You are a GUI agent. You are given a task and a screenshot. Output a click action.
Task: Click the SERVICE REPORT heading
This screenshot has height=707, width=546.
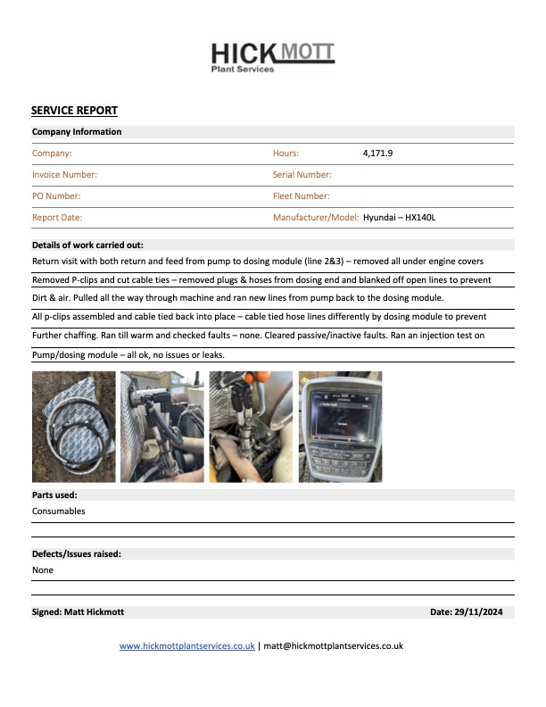pyautogui.click(x=74, y=111)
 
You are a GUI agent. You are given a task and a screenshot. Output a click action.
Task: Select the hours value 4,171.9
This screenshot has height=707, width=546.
pyautogui.click(x=377, y=154)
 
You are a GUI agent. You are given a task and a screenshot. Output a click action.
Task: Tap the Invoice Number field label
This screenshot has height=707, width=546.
pyautogui.click(x=64, y=175)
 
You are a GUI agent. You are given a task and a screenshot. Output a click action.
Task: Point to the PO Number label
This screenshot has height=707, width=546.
pyautogui.click(x=56, y=196)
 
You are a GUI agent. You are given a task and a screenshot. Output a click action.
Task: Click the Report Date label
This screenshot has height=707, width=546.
pyautogui.click(x=57, y=217)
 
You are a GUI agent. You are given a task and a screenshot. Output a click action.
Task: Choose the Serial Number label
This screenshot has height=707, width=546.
pyautogui.click(x=302, y=175)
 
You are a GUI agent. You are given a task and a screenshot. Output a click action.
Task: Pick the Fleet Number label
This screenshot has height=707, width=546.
pyautogui.click(x=301, y=196)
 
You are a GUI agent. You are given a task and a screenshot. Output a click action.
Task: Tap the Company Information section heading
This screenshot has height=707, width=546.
pyautogui.click(x=77, y=132)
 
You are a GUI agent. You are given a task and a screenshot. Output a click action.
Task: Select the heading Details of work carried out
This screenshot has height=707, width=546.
pyautogui.click(x=87, y=245)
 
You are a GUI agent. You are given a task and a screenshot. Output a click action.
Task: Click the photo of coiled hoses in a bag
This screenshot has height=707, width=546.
pyautogui.click(x=73, y=427)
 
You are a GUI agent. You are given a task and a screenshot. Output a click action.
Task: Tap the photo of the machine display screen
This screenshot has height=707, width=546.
pyautogui.click(x=340, y=427)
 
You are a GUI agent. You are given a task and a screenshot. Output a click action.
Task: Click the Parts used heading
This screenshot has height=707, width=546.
pyautogui.click(x=54, y=495)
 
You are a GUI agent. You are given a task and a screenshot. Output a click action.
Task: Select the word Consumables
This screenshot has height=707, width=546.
pyautogui.click(x=59, y=512)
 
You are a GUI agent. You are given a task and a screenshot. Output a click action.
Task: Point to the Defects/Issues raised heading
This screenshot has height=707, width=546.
pyautogui.click(x=77, y=553)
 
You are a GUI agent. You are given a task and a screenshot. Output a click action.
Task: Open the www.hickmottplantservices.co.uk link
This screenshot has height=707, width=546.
pyautogui.click(x=187, y=645)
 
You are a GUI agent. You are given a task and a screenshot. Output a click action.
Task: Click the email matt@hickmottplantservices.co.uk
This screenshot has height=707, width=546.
pyautogui.click(x=333, y=645)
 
